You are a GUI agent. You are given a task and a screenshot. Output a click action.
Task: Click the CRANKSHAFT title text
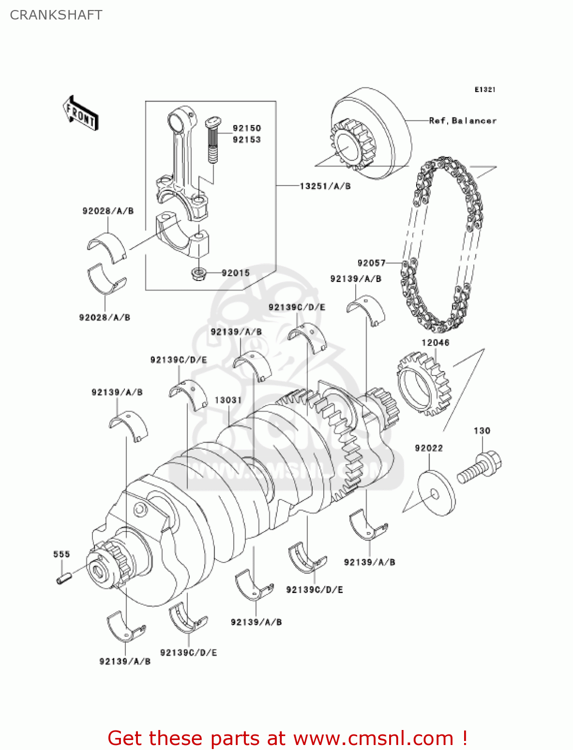(56, 15)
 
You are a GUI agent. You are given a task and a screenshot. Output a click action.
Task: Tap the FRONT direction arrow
(80, 113)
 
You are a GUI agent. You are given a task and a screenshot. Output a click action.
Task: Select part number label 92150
(247, 128)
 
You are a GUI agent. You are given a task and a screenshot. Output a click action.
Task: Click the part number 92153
(247, 139)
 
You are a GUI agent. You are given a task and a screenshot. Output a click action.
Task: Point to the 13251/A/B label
(325, 186)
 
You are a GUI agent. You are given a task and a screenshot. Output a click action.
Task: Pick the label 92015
(235, 273)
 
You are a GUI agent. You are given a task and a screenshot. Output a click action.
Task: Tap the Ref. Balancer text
(463, 120)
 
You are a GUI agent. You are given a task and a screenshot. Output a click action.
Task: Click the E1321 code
(485, 89)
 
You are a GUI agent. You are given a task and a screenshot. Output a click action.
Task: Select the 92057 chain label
(372, 263)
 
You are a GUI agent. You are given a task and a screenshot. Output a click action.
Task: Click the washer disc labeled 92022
(435, 493)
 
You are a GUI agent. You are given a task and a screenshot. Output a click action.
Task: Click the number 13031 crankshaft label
(228, 400)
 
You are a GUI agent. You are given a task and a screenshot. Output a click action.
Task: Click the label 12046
(435, 342)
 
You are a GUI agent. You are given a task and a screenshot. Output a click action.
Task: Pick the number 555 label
(61, 554)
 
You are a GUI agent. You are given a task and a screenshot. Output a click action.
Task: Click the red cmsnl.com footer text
(287, 738)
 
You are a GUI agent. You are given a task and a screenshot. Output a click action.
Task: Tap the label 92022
(429, 448)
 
